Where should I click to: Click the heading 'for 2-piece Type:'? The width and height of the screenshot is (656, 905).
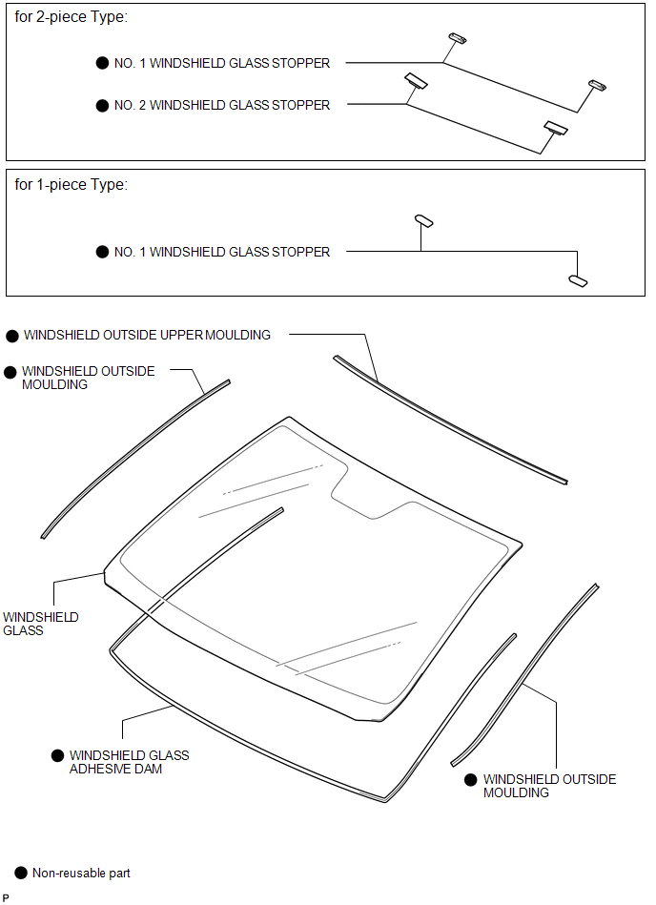click(x=71, y=17)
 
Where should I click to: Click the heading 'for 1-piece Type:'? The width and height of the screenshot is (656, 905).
click(x=71, y=185)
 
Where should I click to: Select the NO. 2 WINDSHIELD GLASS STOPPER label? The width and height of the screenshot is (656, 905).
click(x=222, y=105)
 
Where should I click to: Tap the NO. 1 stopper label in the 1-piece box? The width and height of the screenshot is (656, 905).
click(x=222, y=252)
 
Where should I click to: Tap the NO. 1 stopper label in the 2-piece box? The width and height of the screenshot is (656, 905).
click(x=222, y=63)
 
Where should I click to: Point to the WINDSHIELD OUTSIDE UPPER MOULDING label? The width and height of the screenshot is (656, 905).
click(x=147, y=335)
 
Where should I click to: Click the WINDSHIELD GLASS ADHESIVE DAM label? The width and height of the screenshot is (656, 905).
click(x=130, y=762)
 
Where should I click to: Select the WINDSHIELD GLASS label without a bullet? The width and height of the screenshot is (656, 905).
click(x=40, y=624)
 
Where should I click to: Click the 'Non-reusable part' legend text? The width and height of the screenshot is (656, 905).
click(x=81, y=873)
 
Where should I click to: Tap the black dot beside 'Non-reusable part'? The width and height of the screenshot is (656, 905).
click(x=21, y=874)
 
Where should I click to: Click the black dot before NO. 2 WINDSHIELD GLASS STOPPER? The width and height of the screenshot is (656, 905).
click(x=102, y=106)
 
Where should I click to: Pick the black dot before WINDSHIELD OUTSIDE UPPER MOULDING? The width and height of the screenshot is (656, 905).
click(x=12, y=336)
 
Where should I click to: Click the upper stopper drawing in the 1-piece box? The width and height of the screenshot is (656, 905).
click(x=424, y=220)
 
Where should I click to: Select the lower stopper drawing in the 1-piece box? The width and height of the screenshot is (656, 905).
click(x=578, y=280)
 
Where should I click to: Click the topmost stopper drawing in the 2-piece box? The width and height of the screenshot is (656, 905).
click(x=458, y=38)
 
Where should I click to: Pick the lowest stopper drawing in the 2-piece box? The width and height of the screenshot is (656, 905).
click(x=556, y=128)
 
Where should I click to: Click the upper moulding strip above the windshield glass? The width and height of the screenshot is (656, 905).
click(x=450, y=420)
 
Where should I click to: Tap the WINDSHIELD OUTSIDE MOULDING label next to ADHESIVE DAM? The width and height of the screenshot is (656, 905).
click(x=550, y=786)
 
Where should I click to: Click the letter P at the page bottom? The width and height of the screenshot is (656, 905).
click(x=6, y=898)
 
